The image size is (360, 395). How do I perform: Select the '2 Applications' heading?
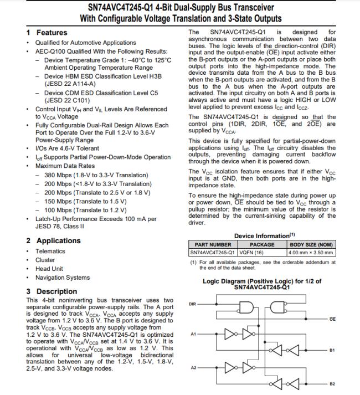coord(53,240)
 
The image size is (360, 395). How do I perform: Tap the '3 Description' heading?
coord(52,291)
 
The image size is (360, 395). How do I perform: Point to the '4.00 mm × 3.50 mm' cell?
coord(312,252)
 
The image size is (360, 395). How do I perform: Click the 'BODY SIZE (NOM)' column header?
coord(312,244)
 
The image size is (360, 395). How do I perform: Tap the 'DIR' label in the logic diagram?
coord(193,304)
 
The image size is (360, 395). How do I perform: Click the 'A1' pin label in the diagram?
coord(193,334)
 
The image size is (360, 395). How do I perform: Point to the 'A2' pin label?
coord(193,368)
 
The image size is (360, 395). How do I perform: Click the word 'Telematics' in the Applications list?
coord(50,251)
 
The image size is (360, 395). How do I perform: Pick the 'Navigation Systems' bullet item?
coord(62,278)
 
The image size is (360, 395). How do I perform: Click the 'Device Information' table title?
coord(261,236)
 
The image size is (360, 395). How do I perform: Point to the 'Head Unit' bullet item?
coord(49,269)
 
